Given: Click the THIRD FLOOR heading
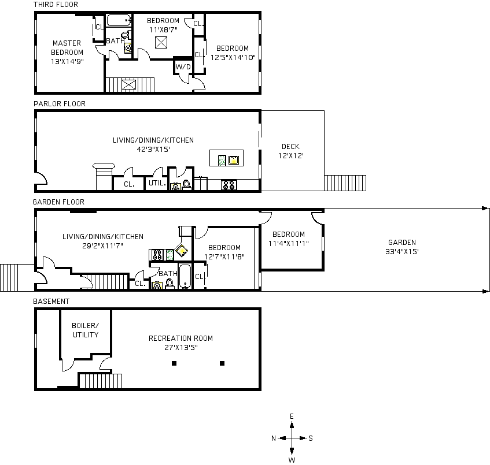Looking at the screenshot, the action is pyautogui.click(x=56, y=5).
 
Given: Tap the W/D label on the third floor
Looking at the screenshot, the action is pyautogui.click(x=183, y=67).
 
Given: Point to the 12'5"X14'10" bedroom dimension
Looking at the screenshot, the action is pyautogui.click(x=232, y=57).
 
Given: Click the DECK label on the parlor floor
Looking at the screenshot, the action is pyautogui.click(x=290, y=147).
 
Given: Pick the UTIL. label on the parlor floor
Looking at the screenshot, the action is pyautogui.click(x=157, y=184).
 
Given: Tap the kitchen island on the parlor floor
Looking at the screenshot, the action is pyautogui.click(x=226, y=158).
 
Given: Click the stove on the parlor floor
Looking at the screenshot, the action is pyautogui.click(x=229, y=185).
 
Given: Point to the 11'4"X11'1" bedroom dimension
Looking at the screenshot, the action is pyautogui.click(x=288, y=243).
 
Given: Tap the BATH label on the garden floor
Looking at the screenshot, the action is pyautogui.click(x=168, y=274).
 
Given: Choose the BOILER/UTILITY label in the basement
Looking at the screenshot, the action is pyautogui.click(x=85, y=330).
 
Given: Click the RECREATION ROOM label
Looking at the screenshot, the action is pyautogui.click(x=180, y=338).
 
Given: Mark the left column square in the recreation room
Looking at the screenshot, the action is pyautogui.click(x=173, y=363).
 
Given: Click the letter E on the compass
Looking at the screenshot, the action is pyautogui.click(x=292, y=416).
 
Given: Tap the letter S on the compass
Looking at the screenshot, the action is pyautogui.click(x=311, y=438).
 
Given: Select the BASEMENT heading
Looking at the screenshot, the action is pyautogui.click(x=51, y=302).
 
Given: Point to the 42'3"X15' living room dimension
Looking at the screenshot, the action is pyautogui.click(x=153, y=149).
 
